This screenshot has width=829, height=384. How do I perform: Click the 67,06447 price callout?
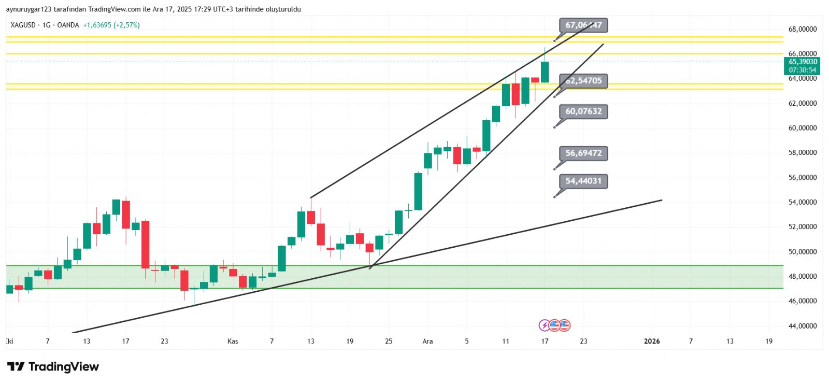tap(583, 25)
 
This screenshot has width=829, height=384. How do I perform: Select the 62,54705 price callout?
tap(583, 81)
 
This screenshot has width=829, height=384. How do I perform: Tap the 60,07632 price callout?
tap(583, 111)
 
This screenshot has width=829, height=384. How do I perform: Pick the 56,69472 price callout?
tap(583, 153)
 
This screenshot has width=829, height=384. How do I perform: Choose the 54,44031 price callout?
tap(583, 181)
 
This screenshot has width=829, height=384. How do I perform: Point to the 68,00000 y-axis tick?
tap(803, 29)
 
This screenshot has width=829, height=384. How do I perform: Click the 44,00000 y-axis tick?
tap(803, 326)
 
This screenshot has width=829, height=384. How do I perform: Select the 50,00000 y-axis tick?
tap(803, 252)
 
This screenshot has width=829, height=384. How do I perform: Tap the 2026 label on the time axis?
tap(652, 341)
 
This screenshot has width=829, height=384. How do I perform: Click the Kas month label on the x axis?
tap(233, 341)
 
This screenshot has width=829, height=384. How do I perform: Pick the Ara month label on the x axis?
tap(427, 341)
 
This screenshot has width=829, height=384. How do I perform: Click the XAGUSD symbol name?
tap(23, 25)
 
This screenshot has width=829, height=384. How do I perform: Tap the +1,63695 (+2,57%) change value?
tap(111, 25)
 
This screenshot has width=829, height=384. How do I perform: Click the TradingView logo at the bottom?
tap(53, 367)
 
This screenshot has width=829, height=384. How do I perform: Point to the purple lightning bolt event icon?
tap(545, 325)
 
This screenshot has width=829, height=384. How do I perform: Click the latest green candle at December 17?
tap(545, 72)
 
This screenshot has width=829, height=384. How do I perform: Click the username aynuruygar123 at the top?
tap(28, 9)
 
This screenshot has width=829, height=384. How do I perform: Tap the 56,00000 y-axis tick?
tap(803, 178)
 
